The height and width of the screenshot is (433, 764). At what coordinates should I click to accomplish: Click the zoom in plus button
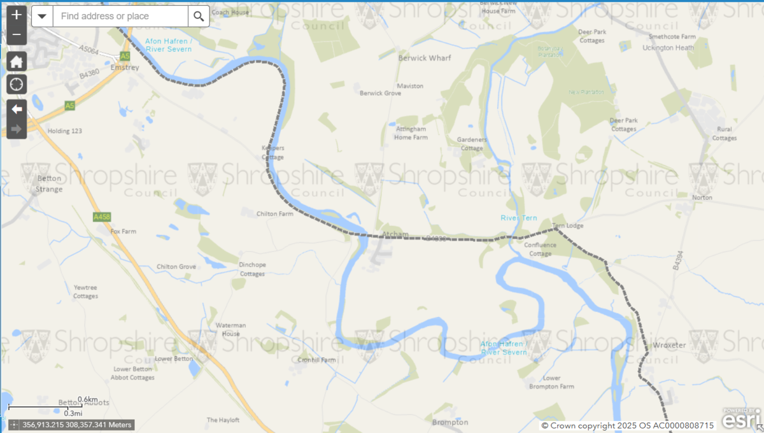(x=17, y=15)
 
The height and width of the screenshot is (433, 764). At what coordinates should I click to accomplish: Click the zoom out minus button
(x=17, y=34)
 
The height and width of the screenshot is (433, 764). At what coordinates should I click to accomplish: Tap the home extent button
(x=17, y=62)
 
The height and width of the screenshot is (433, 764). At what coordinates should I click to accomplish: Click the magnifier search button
(x=199, y=17)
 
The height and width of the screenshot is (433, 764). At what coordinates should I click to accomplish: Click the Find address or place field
(x=120, y=17)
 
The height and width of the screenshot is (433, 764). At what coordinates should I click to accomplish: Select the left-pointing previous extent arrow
(x=17, y=109)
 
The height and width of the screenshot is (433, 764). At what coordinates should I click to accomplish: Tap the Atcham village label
(x=395, y=234)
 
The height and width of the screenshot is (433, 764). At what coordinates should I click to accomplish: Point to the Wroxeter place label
(x=668, y=345)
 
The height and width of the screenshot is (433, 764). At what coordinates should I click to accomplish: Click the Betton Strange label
(x=49, y=184)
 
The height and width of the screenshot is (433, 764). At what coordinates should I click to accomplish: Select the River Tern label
(x=518, y=218)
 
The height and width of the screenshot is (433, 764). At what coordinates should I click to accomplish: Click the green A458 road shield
(x=102, y=217)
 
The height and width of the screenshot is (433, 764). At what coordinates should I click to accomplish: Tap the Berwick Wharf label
(x=424, y=58)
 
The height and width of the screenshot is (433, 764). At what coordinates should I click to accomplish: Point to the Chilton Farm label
(x=275, y=214)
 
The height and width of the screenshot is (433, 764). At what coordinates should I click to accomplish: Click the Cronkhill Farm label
(x=316, y=360)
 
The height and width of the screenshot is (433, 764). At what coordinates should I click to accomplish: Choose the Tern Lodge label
(x=567, y=225)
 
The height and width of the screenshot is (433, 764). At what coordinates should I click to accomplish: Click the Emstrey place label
(x=120, y=66)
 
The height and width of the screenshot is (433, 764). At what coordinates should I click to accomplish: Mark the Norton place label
(x=702, y=197)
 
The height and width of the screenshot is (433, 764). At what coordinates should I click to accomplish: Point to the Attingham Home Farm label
(x=411, y=132)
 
